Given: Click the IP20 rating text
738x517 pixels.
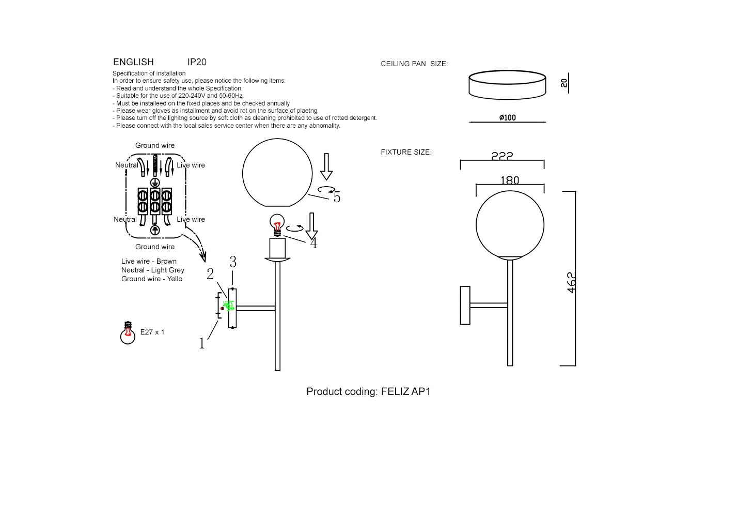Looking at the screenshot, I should pos(197,62).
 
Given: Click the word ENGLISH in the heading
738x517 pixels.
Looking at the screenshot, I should pos(133,62).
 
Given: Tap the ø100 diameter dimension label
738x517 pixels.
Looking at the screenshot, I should pos(507,118).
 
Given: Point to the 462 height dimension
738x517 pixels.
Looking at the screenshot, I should pos(571,283).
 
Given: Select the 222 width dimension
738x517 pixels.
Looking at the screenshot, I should pos(502,156).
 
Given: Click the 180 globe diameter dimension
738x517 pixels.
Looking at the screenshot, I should pos(510,180).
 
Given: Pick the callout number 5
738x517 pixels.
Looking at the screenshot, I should pos(337,197).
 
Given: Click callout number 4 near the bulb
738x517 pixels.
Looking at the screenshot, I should pos(313,243).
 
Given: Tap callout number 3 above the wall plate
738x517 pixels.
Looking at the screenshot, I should pos(233,263).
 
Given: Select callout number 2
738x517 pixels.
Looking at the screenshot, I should pos(210,274).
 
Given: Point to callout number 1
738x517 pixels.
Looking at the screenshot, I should pos(202,343).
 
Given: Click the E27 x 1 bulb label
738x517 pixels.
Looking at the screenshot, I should pos(152,332).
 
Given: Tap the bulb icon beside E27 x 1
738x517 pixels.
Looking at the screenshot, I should pos(128,333).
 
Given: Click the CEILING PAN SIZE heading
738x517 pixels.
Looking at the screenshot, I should pos(414,64).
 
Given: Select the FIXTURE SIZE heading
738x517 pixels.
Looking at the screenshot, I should pos(406,153).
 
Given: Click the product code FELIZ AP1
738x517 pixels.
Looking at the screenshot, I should pos(405,391).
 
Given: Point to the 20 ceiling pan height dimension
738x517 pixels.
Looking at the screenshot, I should pos(564,83).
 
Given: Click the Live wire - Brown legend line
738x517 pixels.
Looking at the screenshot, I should pos(149,262).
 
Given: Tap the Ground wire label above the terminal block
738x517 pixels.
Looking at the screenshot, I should pos(155,146).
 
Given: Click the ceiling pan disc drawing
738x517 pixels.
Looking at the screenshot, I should pos(507,85).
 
